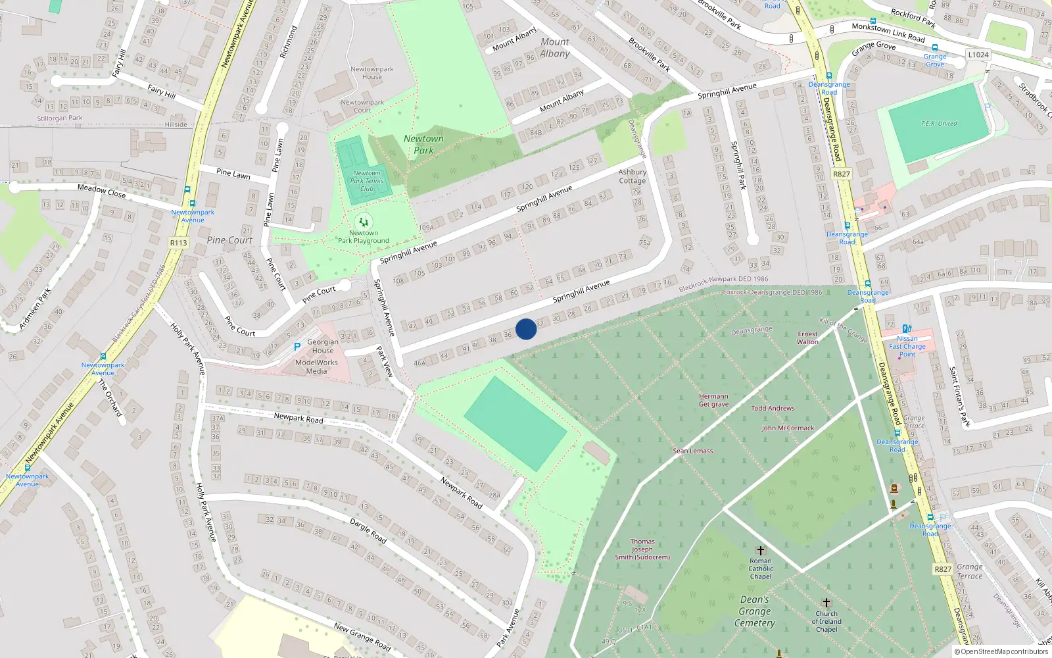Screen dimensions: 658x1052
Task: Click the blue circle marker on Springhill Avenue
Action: click(x=526, y=329)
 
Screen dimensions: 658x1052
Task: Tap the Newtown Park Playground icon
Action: click(x=364, y=222)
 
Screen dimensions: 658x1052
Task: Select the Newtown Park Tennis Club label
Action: click(x=366, y=181)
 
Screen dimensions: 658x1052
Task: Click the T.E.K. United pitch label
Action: click(x=939, y=124)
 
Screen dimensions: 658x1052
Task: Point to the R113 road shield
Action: click(x=178, y=243)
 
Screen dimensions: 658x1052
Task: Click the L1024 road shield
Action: click(x=978, y=55)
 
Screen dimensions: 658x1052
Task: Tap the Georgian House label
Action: click(x=323, y=346)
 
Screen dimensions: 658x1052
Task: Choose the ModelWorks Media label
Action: click(x=316, y=367)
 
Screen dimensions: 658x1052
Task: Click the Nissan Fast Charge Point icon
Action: click(x=907, y=328)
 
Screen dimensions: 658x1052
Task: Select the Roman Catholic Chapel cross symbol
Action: click(x=761, y=551)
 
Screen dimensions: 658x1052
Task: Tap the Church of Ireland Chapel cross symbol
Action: click(x=826, y=603)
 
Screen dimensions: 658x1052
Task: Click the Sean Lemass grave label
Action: click(x=693, y=451)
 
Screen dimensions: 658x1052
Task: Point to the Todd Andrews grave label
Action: click(x=773, y=409)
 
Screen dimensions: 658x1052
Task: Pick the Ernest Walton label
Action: click(x=807, y=338)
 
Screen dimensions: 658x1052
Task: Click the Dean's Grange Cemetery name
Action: click(x=755, y=611)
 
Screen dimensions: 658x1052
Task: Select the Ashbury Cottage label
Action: click(x=632, y=176)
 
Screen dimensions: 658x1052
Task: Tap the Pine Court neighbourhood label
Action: click(x=229, y=240)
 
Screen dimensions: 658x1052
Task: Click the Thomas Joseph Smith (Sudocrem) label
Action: click(x=642, y=549)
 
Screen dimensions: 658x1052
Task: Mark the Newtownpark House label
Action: click(x=371, y=72)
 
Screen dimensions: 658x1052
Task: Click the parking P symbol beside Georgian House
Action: click(x=297, y=346)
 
